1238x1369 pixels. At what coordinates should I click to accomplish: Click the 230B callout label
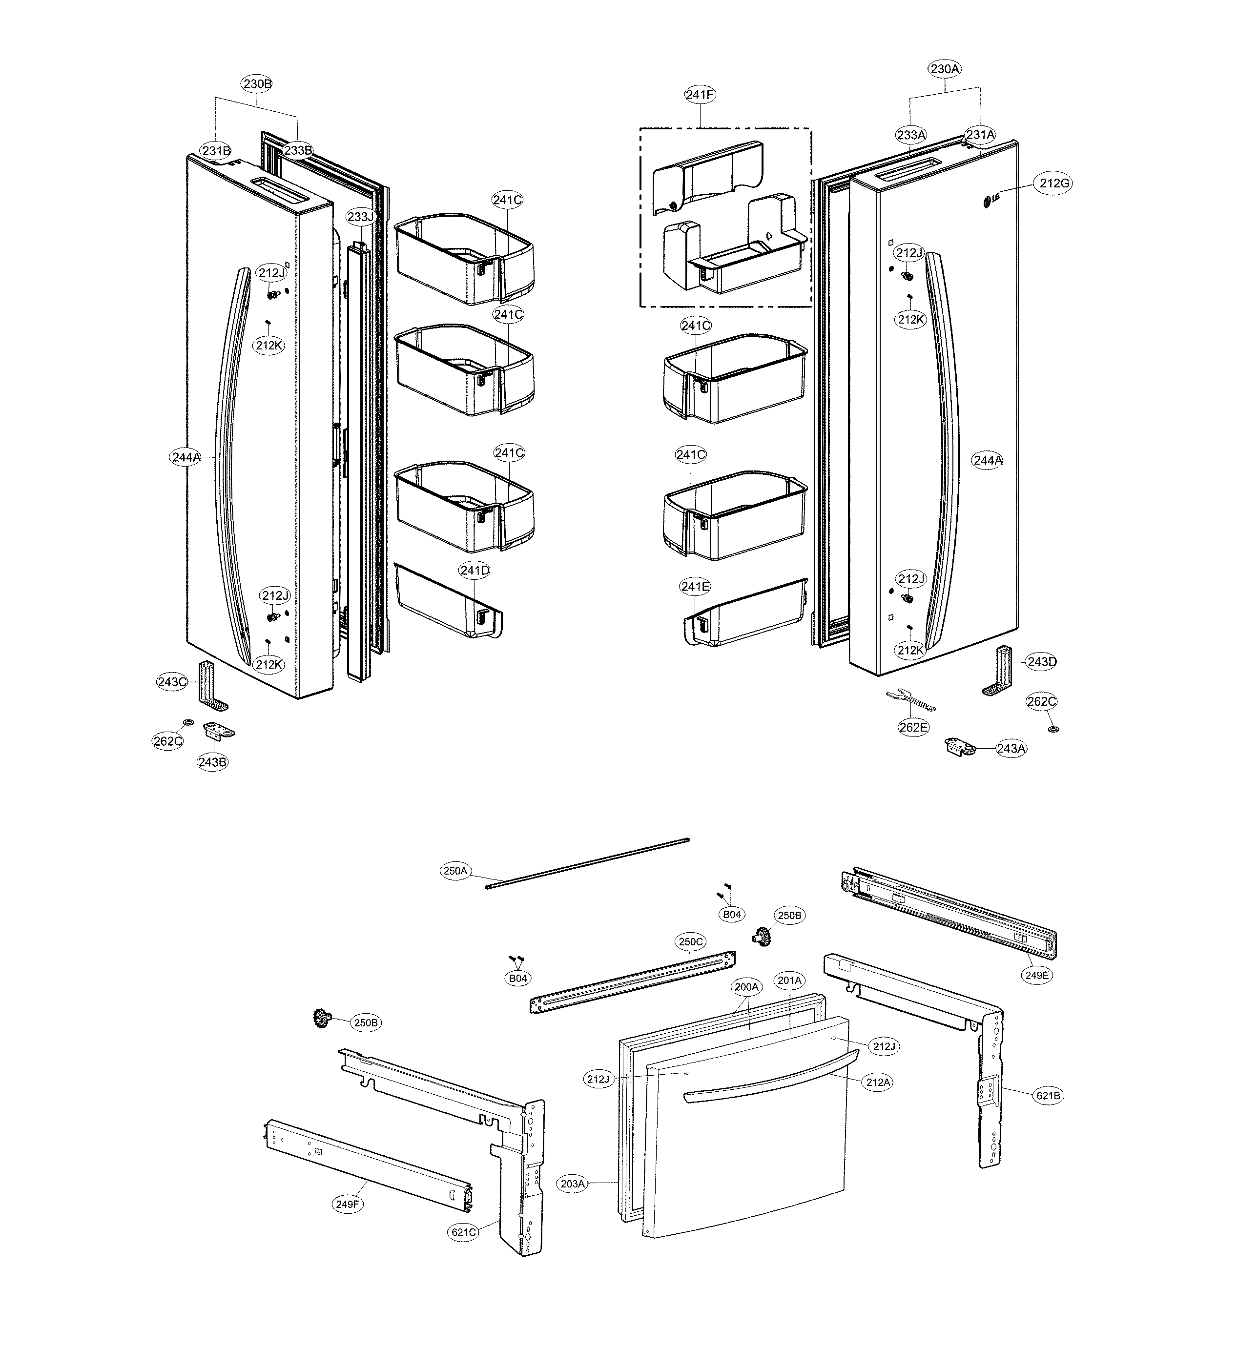(257, 84)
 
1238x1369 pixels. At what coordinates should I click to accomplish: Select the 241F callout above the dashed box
(700, 95)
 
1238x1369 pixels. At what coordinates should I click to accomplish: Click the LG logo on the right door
(991, 200)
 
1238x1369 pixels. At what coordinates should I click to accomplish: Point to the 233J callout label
(360, 217)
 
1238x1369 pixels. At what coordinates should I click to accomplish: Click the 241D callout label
(474, 571)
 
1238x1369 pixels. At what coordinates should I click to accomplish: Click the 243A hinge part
(959, 747)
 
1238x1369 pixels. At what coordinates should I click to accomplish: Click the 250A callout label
(455, 871)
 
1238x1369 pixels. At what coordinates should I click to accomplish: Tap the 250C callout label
(691, 942)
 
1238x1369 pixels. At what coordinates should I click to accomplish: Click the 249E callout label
(1037, 975)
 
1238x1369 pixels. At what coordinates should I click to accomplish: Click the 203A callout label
(573, 1184)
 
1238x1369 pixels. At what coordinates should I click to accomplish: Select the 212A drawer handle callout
(878, 1083)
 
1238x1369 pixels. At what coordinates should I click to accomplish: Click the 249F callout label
(347, 1204)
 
